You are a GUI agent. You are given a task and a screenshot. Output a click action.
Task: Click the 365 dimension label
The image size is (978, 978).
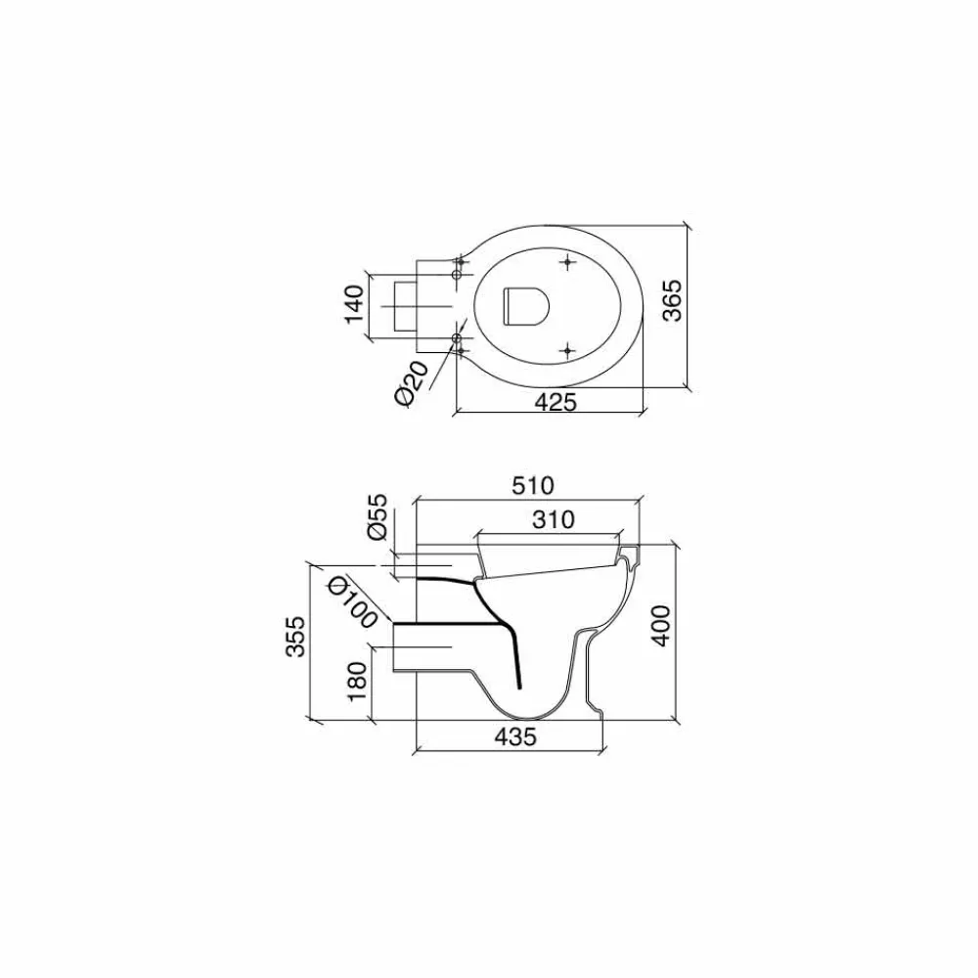673,301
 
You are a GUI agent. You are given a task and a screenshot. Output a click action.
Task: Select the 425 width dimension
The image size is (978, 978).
556,402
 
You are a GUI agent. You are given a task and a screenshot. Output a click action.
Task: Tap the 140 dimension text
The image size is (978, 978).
354,304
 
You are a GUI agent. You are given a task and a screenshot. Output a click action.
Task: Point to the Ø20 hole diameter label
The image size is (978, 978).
412,383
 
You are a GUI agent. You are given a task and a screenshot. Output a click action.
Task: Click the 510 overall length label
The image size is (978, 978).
533,485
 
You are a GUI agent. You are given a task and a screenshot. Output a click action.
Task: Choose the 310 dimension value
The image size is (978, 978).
554,519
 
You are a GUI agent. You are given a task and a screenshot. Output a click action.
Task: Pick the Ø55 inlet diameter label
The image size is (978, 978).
378,517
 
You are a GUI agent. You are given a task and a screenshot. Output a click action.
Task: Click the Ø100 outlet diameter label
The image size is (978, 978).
353,601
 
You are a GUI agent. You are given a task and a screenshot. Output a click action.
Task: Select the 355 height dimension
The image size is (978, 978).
297,637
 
